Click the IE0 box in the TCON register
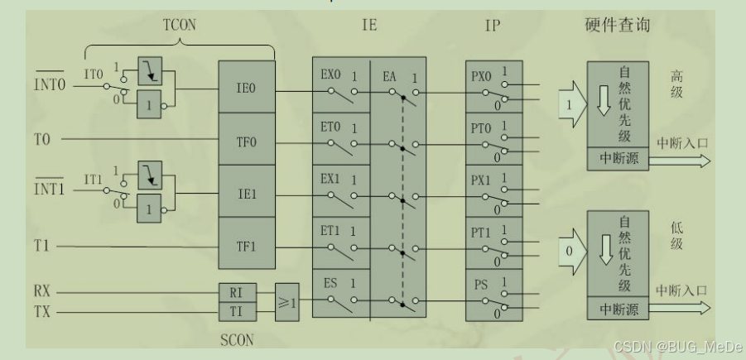(245, 86)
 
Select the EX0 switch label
(331, 75)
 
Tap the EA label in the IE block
(391, 75)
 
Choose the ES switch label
(330, 282)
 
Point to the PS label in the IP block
(480, 284)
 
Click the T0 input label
(43, 139)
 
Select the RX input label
(43, 292)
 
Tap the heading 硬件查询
(617, 25)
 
